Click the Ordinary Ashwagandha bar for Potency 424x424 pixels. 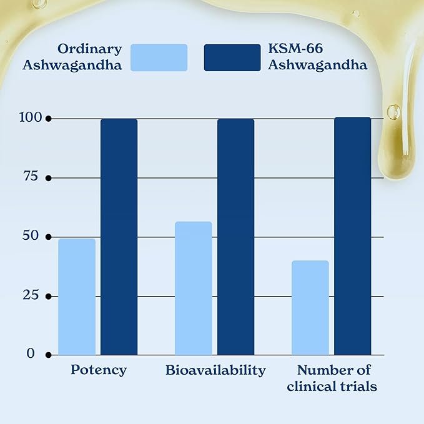pos(77,297)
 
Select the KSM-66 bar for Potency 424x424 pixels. pos(119,237)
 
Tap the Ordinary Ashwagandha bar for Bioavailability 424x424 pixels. pos(194,288)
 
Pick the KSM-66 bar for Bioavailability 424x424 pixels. pos(235,237)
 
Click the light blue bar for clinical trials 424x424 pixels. pos(310,308)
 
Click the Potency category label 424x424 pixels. pos(98,370)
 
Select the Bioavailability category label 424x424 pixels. pos(215,370)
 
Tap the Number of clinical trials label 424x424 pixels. pos(332,378)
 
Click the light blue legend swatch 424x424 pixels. pos(159,57)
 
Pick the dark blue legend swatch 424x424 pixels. pos(232,57)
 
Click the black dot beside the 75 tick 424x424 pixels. pos(48,178)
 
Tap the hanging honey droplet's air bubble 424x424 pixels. pos(393,112)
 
